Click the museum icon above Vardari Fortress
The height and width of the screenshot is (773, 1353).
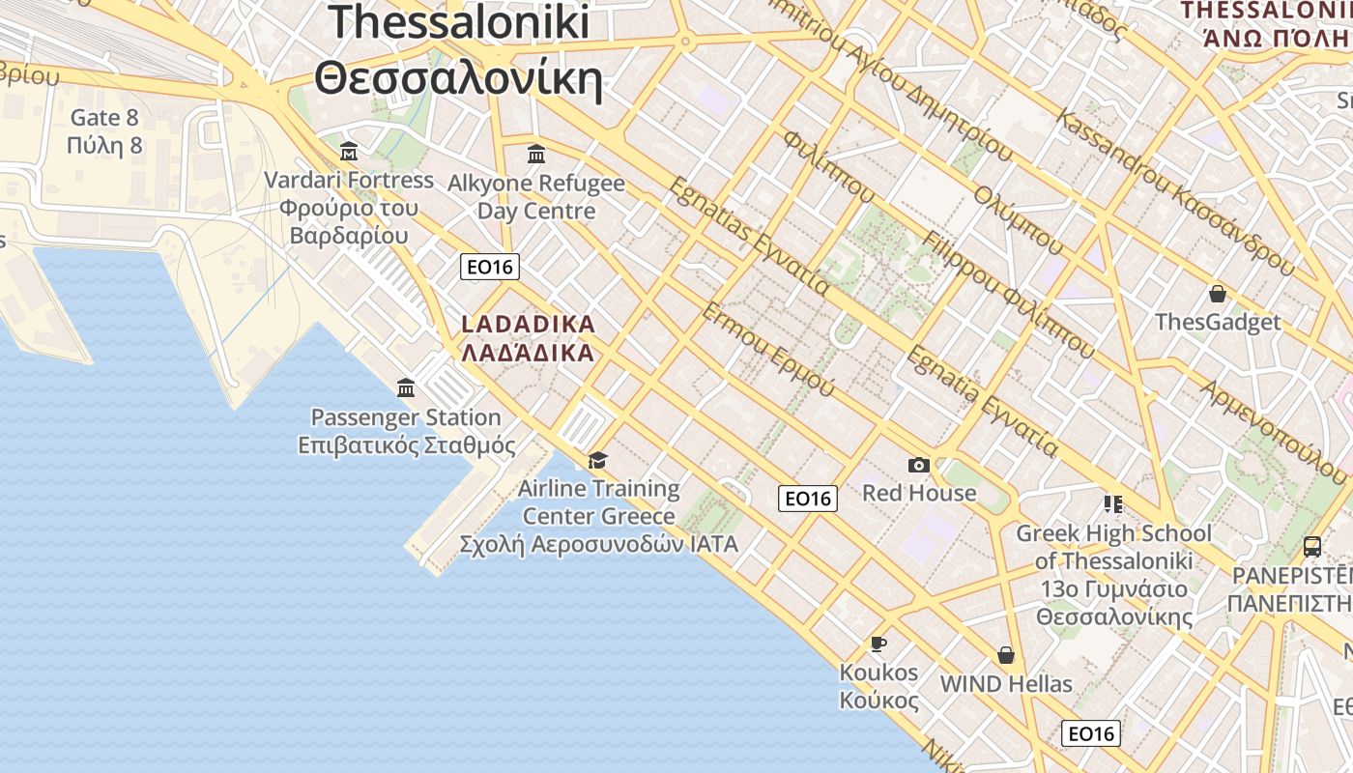coord(349,152)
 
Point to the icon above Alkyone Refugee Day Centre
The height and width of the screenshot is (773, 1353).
coord(536,154)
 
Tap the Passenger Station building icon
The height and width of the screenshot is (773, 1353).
coord(406,388)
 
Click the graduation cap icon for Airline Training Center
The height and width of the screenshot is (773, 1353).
coord(598,459)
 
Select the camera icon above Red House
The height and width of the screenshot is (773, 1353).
coord(918,465)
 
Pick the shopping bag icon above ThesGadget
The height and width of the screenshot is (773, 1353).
coord(1218,294)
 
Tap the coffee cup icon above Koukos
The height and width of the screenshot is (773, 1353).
coord(878,644)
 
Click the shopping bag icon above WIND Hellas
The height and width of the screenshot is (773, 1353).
coord(1006,655)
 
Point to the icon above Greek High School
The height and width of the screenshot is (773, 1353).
coord(1112,504)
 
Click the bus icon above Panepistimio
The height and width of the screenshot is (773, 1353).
coord(1311,547)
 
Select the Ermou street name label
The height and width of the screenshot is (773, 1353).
coord(767,349)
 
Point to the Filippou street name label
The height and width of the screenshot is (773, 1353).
coord(1009,294)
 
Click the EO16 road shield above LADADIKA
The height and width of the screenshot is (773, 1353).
coord(490,267)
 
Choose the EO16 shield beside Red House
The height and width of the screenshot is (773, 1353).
coord(808,499)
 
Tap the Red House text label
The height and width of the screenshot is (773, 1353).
coord(919,493)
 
